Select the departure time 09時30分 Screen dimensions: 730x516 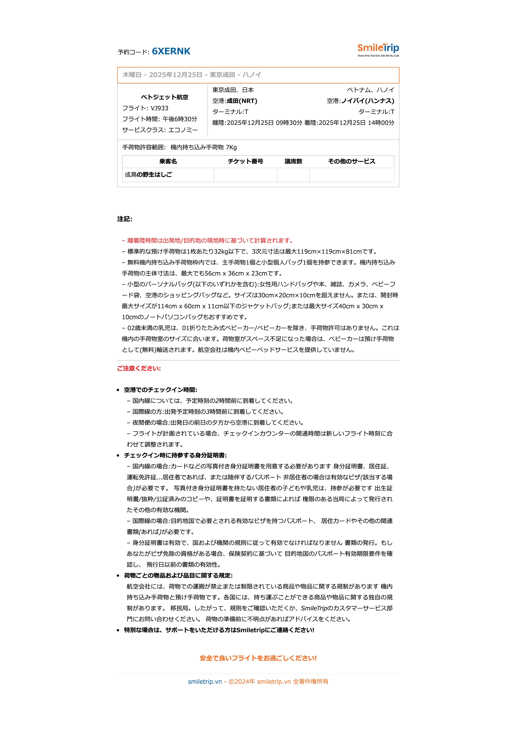click(289, 123)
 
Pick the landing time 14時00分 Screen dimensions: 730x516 click(381, 123)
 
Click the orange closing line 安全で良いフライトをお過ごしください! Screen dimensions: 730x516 click(258, 658)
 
